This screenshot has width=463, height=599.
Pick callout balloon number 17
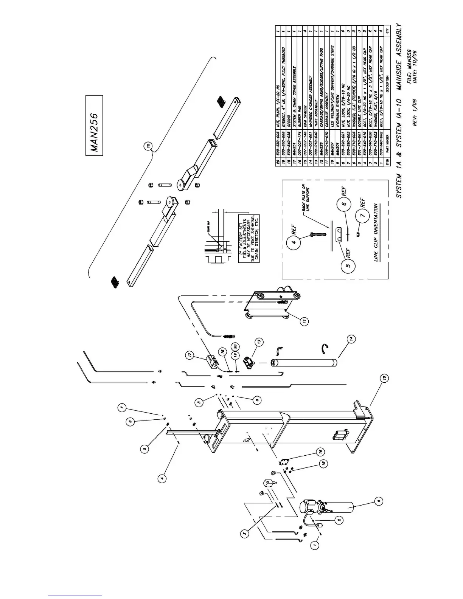tap(190, 355)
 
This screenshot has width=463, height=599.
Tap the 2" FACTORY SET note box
tap(249, 240)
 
